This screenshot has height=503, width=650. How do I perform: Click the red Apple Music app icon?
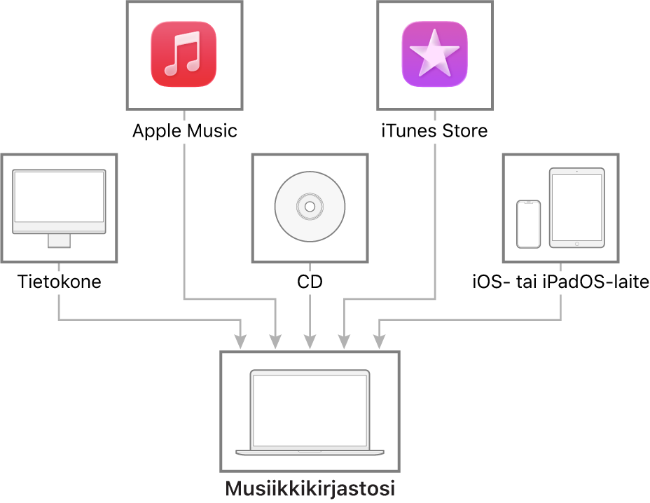coord(184,55)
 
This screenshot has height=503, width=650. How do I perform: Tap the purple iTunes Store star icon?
coord(434,55)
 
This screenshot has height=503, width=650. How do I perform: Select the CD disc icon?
coord(310,207)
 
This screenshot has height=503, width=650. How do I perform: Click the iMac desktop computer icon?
coord(59,207)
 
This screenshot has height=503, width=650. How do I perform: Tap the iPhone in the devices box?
coord(528,224)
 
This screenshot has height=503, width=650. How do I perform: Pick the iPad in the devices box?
coord(576,207)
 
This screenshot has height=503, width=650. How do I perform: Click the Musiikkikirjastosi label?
coord(310,488)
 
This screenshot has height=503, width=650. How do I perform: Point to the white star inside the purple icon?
coord(434,53)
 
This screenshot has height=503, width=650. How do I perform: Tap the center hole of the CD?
coord(310,207)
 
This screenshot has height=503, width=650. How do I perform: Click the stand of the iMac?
coord(59,240)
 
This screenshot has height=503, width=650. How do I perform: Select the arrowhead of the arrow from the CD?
coord(310,342)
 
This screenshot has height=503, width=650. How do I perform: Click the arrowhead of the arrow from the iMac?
coord(240,342)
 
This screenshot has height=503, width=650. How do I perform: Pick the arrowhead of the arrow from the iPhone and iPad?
coord(379,342)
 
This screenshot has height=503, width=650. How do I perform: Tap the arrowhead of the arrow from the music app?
coord(275,342)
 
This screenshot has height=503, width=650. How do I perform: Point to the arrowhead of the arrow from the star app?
coord(344,342)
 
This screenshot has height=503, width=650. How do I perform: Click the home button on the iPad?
coord(576,244)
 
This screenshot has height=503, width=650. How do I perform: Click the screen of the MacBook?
coord(310,410)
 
